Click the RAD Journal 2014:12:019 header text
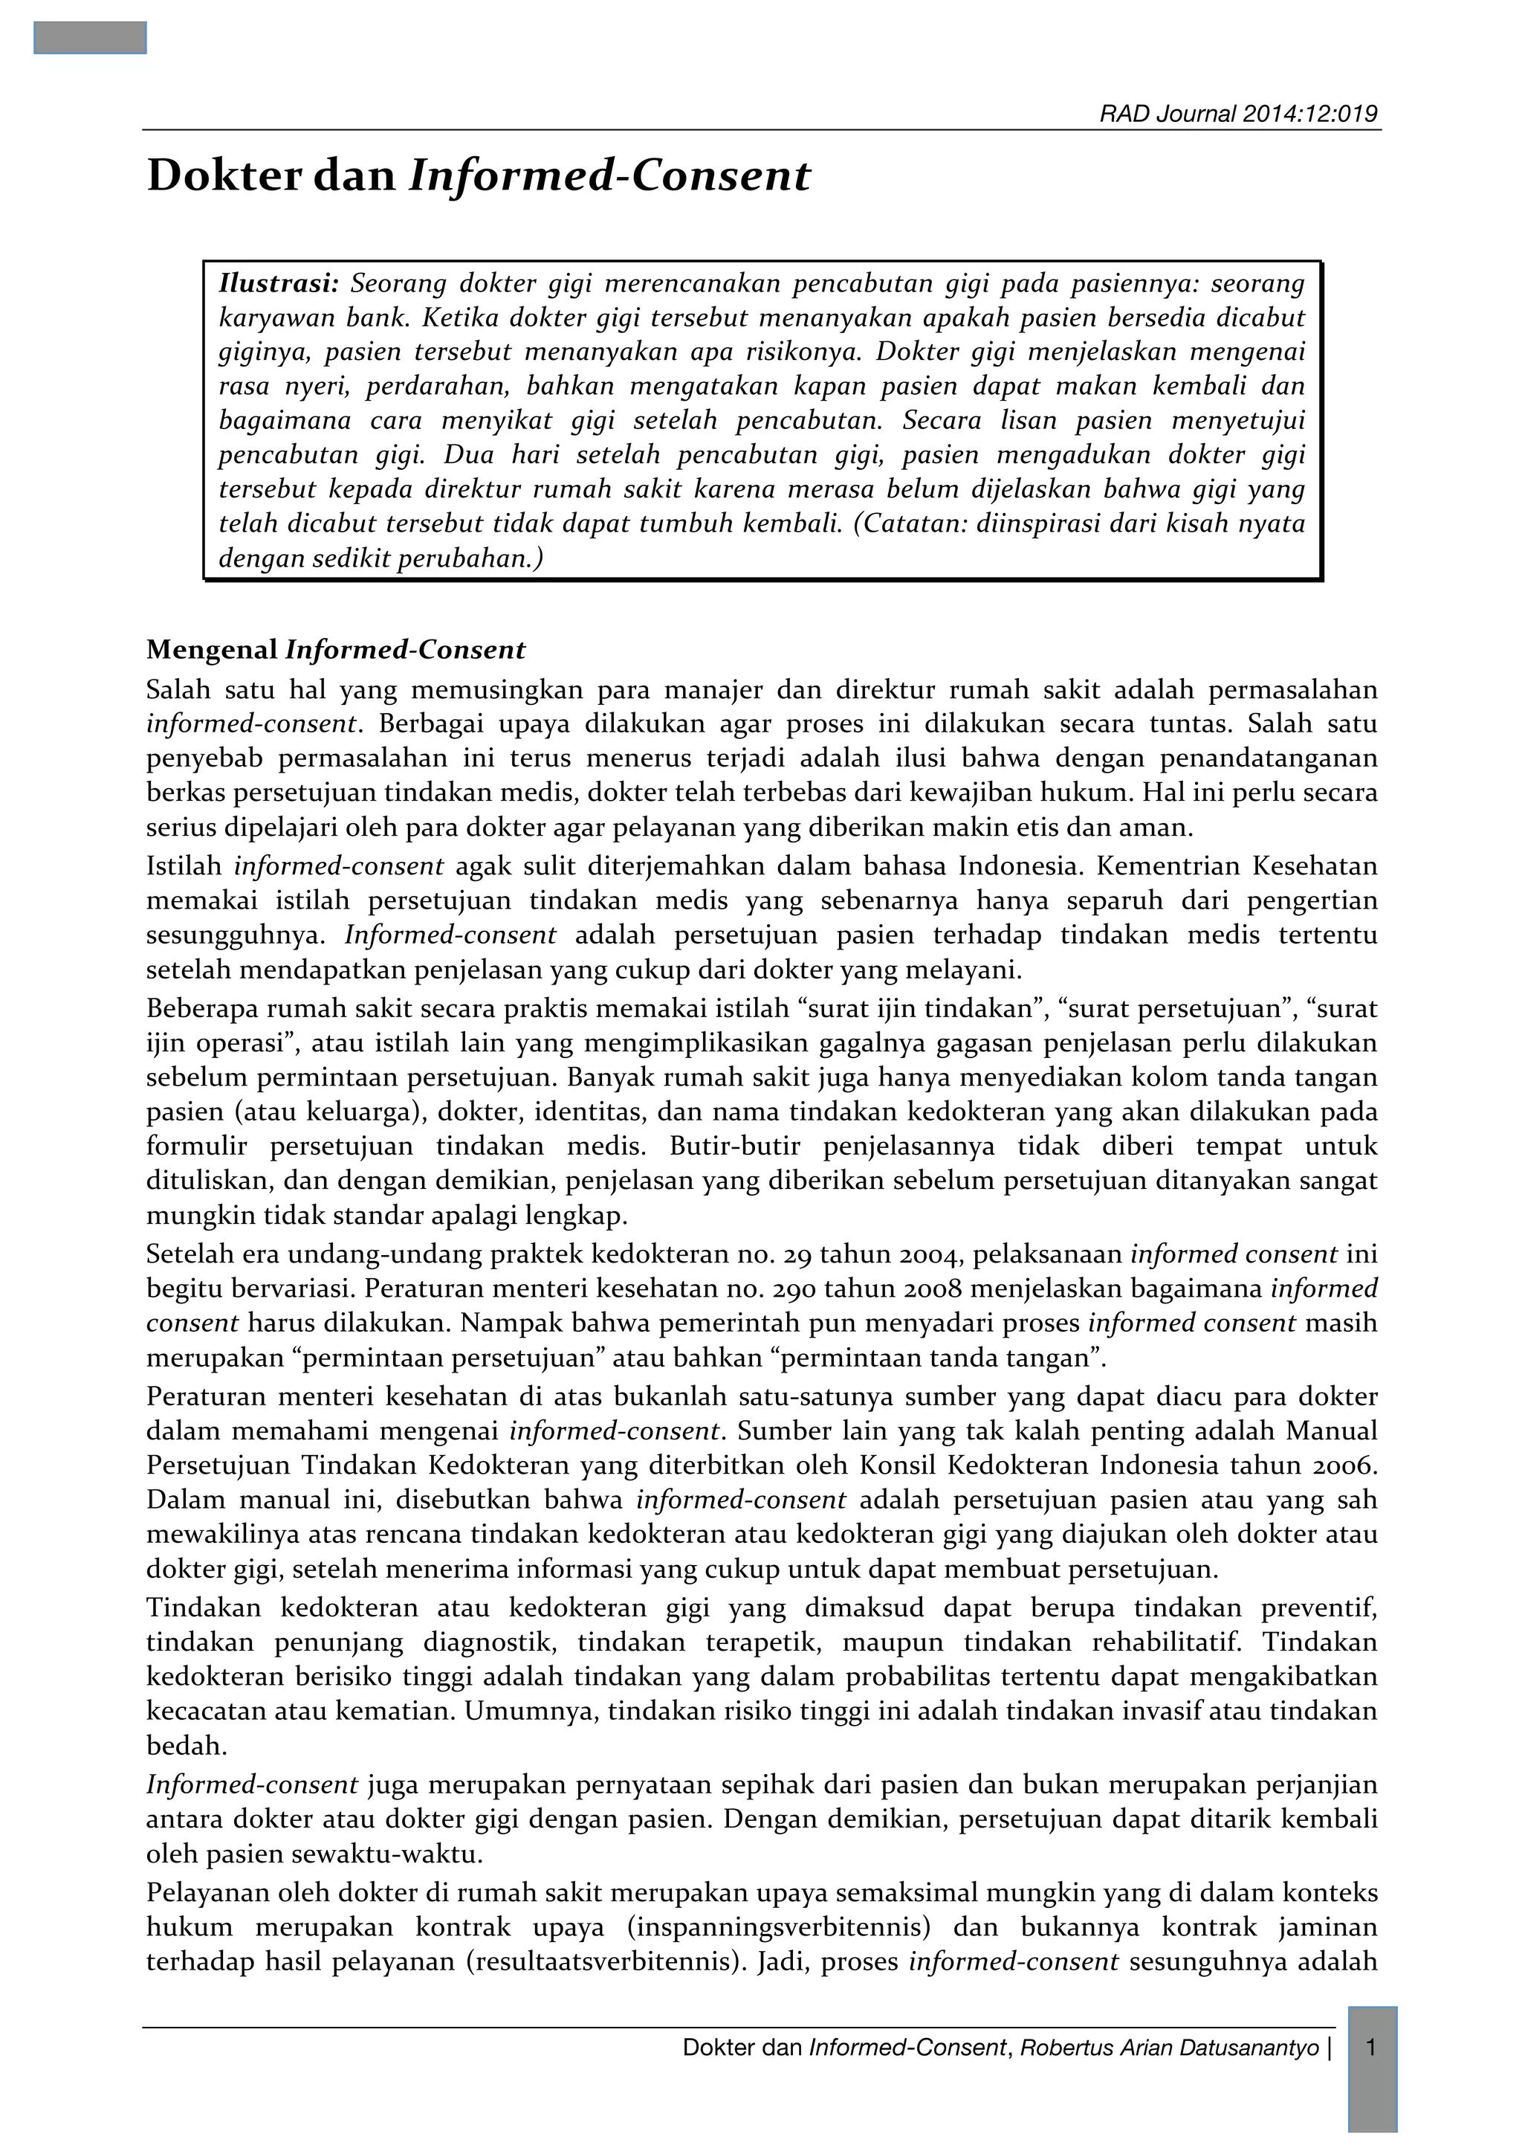[x=1238, y=115]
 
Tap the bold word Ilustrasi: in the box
[x=278, y=283]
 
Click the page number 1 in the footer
[x=1371, y=2047]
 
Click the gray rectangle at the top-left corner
[x=90, y=37]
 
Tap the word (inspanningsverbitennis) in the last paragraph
[x=778, y=1927]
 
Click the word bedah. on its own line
[x=173, y=1746]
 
